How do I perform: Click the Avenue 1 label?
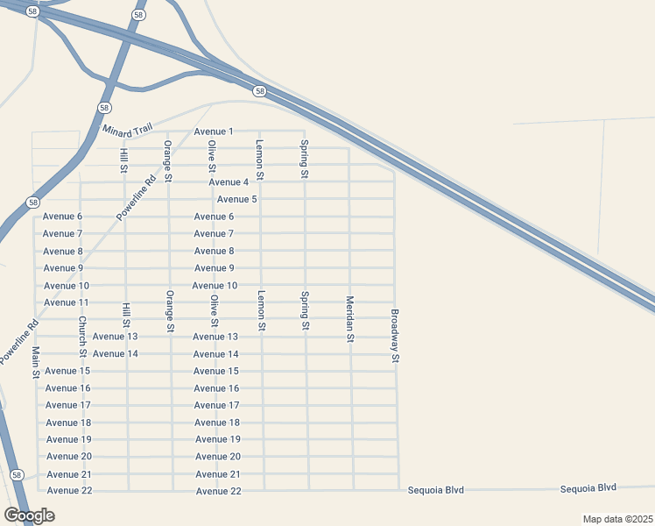tap(214, 131)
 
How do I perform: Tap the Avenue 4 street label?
tap(229, 182)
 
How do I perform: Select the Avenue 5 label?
tap(236, 199)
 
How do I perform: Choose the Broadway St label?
tap(395, 336)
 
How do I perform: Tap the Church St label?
tap(82, 338)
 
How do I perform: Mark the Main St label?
tap(37, 361)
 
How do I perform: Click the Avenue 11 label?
tap(67, 302)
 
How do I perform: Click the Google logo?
tap(30, 515)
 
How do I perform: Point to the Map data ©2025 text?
tap(617, 519)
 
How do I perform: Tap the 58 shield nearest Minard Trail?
tap(105, 107)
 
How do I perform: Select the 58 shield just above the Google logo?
tap(18, 474)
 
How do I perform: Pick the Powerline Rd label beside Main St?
tap(19, 342)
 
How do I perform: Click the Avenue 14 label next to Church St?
tap(116, 354)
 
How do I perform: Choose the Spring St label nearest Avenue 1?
tap(304, 159)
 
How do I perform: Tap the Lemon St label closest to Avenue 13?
tap(261, 310)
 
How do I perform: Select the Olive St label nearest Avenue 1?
tap(212, 155)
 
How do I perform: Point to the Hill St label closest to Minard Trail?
tap(124, 160)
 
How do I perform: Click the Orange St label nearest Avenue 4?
tap(168, 160)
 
